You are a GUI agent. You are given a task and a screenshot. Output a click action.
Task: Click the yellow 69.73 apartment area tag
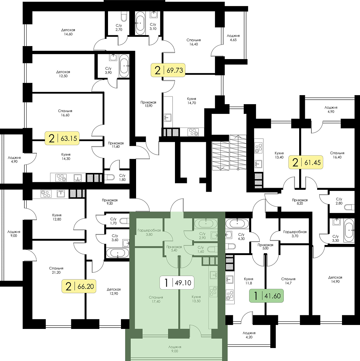[x=168, y=70]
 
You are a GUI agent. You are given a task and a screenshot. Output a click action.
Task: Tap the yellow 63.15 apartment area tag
[x=62, y=138]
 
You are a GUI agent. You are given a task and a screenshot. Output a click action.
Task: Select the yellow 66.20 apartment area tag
[x=79, y=286]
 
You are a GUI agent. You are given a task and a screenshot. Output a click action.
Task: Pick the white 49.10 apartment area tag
[x=177, y=282]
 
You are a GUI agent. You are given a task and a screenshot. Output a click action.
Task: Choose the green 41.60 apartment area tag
[x=267, y=295]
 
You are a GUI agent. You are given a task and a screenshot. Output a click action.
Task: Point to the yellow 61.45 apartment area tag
[x=306, y=162]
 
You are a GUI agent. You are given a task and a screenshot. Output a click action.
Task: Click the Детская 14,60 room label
[x=68, y=32]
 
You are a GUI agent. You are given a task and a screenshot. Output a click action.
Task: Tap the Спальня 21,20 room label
[x=56, y=270]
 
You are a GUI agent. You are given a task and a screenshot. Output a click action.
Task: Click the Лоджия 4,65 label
[x=233, y=38]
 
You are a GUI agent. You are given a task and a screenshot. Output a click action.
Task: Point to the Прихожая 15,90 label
[x=148, y=104]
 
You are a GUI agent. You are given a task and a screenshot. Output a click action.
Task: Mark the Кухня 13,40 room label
[x=279, y=155]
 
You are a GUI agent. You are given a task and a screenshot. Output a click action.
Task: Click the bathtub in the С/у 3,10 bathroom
[x=140, y=23]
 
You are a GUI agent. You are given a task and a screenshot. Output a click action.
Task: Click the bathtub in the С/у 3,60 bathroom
[x=118, y=253]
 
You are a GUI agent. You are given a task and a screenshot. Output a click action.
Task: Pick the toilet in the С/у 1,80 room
[x=109, y=177]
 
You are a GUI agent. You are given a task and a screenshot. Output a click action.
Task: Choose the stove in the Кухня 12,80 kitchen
[x=46, y=194]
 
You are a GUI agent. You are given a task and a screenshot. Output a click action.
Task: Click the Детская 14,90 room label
[x=336, y=280]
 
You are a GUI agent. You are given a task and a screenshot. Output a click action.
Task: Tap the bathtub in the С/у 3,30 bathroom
[x=349, y=230]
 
